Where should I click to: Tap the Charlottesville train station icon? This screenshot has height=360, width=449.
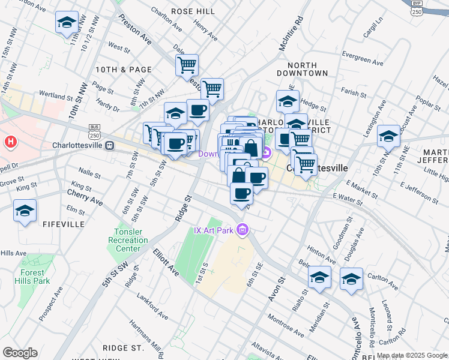(110, 145)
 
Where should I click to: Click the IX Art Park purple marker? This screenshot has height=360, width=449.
(243, 229)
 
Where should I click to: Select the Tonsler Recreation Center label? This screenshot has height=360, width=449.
(131, 241)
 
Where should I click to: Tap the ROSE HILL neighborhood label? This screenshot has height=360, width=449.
(193, 11)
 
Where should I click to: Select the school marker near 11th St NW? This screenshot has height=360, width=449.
(67, 23)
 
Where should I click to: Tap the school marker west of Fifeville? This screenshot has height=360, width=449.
(25, 211)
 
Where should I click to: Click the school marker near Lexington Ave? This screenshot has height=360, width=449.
(388, 136)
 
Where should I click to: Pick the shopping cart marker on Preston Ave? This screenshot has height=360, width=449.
(187, 64)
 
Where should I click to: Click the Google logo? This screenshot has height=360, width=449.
(20, 353)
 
